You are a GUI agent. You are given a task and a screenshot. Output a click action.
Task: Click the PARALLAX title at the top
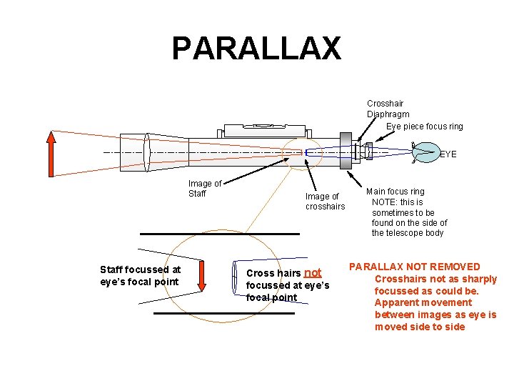(x=256, y=49)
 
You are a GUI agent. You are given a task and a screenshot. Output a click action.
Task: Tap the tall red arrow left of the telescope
(x=51, y=153)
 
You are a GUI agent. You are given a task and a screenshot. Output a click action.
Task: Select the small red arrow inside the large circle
(x=202, y=277)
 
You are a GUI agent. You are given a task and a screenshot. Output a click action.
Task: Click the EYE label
(x=448, y=154)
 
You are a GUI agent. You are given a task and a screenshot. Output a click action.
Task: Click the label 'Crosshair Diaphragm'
(x=388, y=109)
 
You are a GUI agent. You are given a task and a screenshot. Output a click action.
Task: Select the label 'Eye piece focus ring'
(x=424, y=127)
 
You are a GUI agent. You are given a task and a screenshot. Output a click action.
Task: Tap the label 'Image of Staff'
(x=204, y=189)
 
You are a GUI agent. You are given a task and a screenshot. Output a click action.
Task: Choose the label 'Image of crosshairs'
(x=325, y=201)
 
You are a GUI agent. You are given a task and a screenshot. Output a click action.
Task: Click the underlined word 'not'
(x=313, y=272)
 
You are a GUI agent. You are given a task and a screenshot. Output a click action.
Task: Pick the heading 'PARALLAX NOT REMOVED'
(x=414, y=267)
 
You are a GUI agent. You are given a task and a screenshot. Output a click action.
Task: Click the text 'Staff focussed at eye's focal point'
(x=141, y=275)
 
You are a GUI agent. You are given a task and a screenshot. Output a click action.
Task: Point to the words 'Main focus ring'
(x=395, y=192)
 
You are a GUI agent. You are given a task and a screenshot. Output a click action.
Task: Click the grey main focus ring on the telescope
(x=346, y=151)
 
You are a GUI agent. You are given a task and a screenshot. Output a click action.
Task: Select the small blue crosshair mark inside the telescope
(x=306, y=152)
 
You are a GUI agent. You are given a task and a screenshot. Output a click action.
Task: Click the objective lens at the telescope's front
(x=146, y=152)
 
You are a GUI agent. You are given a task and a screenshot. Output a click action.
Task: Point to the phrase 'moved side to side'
(x=420, y=327)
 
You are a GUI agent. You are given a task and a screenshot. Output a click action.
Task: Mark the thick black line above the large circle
(x=219, y=234)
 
